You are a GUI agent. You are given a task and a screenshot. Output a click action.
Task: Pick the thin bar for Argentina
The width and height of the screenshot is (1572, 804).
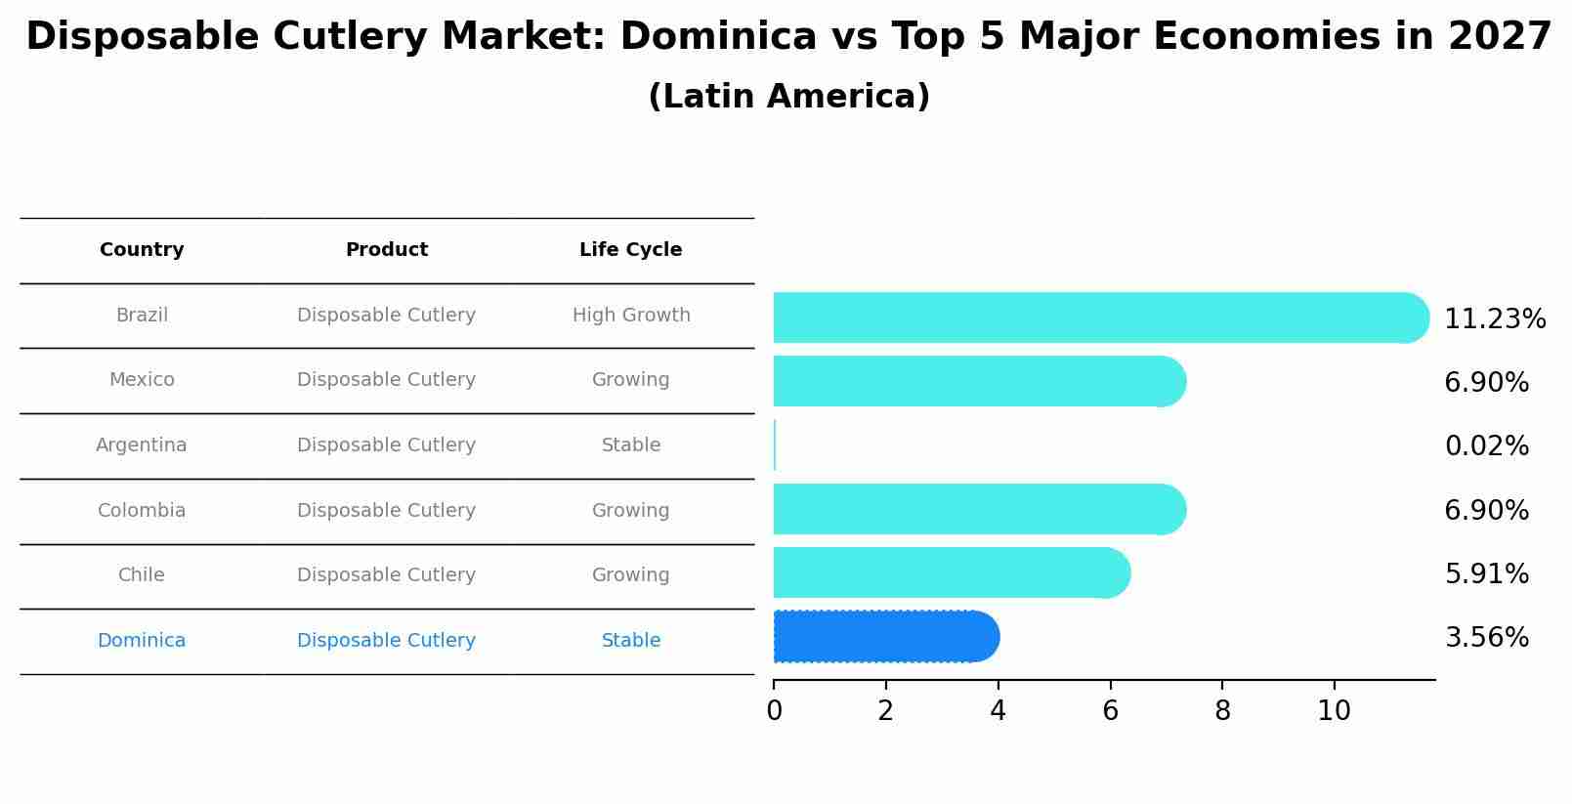pos(775,445)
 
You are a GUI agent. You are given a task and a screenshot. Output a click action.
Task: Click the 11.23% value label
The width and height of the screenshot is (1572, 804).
pos(1494,319)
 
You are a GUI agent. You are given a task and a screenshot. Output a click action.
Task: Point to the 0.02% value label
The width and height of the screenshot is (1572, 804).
pos(1486,446)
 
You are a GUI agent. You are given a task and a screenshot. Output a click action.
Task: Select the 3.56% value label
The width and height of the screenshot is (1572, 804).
pos(1486,638)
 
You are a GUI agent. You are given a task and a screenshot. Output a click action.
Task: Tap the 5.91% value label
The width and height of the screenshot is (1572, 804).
pos(1486,574)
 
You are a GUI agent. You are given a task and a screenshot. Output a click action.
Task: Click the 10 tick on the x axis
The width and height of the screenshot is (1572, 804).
pos(1334,711)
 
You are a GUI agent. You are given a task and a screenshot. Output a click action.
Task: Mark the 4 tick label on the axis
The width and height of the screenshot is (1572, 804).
pos(998,711)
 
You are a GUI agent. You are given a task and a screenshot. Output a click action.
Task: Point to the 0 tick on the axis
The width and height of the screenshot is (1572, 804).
pos(774,711)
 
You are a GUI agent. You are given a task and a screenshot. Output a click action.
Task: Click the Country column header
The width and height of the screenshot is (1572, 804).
pos(142,250)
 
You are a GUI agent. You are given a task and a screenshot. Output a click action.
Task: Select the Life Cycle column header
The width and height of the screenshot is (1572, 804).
pos(630,250)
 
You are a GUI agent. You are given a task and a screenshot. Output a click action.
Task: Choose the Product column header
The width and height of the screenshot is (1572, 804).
pos(386,250)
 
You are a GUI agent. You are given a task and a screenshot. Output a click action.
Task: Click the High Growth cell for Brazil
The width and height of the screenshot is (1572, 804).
pos(630,316)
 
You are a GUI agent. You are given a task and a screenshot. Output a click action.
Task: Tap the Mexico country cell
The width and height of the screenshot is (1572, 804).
pos(142,380)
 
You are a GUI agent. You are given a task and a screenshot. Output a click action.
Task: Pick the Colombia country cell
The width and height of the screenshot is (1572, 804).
pos(142,511)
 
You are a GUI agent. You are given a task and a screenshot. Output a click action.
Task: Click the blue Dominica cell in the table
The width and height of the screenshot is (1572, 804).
pos(142,641)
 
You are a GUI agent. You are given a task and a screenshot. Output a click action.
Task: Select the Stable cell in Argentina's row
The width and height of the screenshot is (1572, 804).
pos(630,445)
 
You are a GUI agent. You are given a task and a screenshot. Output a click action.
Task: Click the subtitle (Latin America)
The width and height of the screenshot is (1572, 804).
pos(788,97)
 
